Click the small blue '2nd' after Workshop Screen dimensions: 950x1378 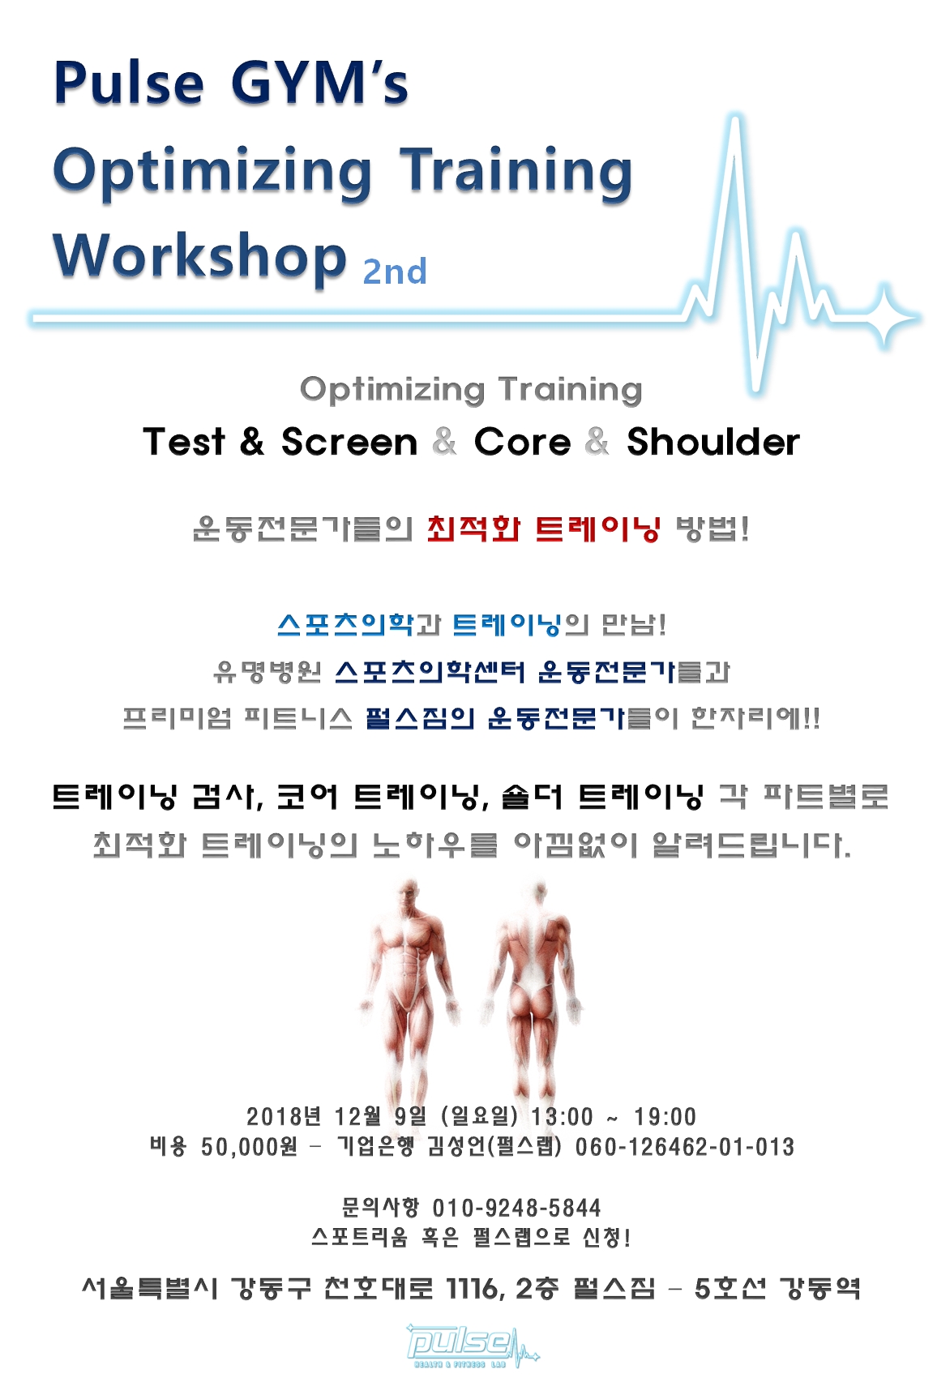[395, 272]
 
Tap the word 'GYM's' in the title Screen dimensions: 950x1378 [319, 83]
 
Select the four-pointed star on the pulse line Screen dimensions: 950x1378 [884, 318]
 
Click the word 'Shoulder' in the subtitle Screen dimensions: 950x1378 [713, 442]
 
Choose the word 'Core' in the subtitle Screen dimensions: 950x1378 [522, 443]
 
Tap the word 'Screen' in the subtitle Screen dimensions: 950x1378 [349, 443]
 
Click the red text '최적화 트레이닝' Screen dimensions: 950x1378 [543, 529]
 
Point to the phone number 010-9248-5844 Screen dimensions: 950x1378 [516, 1208]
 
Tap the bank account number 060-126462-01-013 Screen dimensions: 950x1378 [684, 1147]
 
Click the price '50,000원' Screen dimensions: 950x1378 [249, 1147]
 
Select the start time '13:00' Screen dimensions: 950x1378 [562, 1116]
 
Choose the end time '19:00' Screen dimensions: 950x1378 [665, 1116]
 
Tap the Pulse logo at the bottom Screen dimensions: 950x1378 [472, 1345]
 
